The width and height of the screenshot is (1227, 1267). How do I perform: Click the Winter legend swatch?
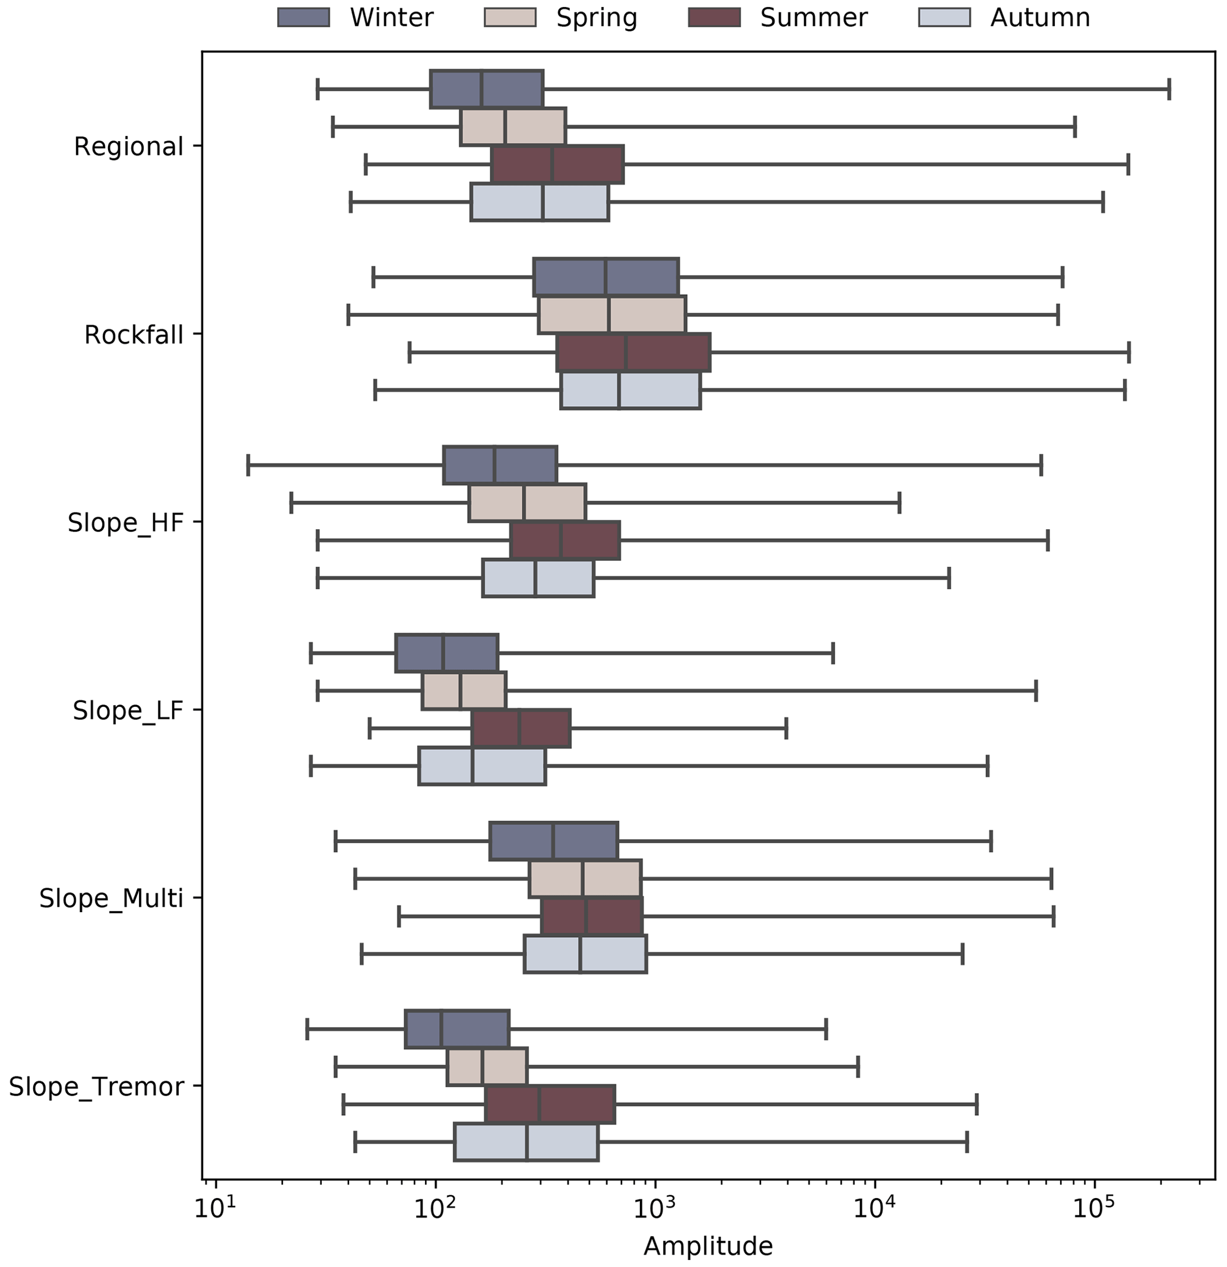point(303,17)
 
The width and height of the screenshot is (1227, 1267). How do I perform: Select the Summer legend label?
point(813,17)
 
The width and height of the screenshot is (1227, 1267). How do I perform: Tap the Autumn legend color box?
point(944,17)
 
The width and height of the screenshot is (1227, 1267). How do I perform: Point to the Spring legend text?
point(597,17)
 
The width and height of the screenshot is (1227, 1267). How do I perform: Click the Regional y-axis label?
point(129,147)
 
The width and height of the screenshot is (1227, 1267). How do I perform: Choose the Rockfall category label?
point(134,335)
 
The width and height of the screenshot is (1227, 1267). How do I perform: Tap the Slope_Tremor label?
point(96,1087)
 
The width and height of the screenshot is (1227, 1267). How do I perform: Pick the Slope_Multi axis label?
point(111,898)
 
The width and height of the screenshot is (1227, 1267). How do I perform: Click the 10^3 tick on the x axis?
point(655,1208)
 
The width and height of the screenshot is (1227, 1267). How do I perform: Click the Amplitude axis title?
point(708,1246)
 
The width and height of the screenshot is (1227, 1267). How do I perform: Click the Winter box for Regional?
point(487,88)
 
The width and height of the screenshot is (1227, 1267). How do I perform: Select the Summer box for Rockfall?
point(633,353)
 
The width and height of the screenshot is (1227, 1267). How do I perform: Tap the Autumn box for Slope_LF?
point(482,766)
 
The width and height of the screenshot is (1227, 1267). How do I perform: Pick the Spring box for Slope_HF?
point(528,503)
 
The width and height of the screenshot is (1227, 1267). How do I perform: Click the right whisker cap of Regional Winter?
point(1169,88)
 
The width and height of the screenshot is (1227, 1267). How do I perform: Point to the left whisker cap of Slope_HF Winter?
point(248,465)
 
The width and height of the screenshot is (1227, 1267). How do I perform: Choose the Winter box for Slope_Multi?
point(554,841)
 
